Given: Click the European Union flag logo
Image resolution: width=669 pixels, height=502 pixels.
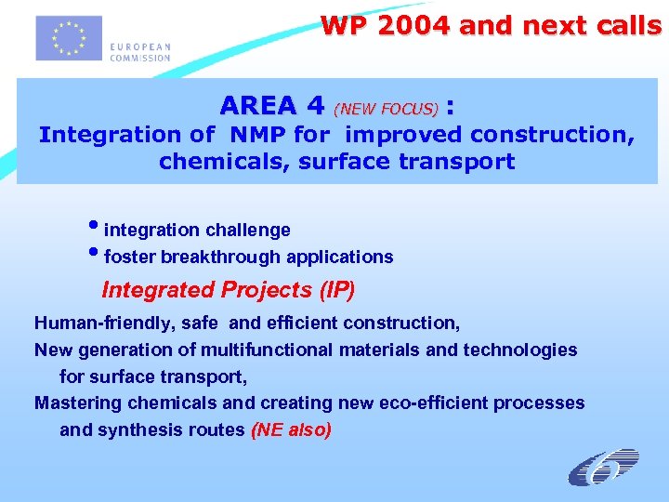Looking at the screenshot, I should click(x=69, y=38).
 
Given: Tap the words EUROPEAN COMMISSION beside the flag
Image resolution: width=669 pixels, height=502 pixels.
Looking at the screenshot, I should click(x=140, y=52).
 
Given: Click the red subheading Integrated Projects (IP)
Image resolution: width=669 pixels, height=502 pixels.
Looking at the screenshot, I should click(x=228, y=290).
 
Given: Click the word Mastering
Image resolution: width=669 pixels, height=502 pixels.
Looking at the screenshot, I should click(x=77, y=403).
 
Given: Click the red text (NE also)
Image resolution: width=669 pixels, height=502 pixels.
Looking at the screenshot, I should click(x=292, y=430).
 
